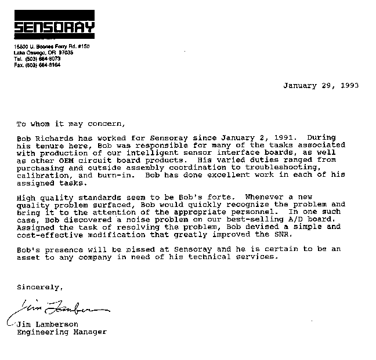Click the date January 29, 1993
point(320,85)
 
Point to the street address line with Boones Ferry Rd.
point(52,46)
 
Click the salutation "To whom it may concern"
point(70,123)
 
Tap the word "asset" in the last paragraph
point(28,257)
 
